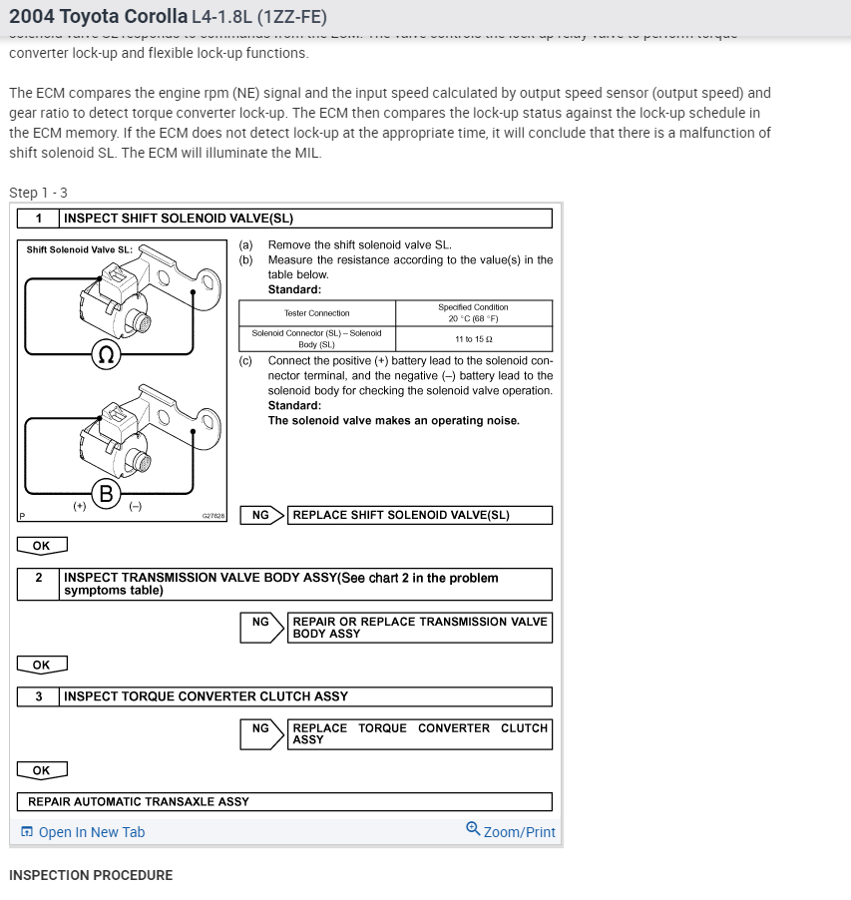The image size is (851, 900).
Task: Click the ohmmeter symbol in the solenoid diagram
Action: (106, 355)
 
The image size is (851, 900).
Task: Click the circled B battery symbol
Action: (106, 492)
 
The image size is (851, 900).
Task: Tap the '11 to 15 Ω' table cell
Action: (474, 338)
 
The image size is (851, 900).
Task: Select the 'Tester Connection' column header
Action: (317, 313)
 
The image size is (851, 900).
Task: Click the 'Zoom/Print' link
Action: (511, 831)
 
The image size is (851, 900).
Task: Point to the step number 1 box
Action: (39, 219)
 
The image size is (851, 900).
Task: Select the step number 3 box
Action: (39, 696)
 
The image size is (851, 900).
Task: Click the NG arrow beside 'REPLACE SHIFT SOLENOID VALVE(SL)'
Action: (263, 515)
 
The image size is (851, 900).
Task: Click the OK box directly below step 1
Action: (42, 546)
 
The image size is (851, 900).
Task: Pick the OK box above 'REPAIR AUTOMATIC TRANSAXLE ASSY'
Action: (42, 770)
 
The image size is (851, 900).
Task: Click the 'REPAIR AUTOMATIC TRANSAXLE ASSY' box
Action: (284, 801)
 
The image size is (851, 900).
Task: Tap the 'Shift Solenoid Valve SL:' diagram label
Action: (80, 249)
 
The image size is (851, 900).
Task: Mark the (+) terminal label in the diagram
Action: (79, 506)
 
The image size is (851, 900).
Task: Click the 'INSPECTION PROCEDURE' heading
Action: (91, 875)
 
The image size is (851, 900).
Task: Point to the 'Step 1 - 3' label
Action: (38, 193)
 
